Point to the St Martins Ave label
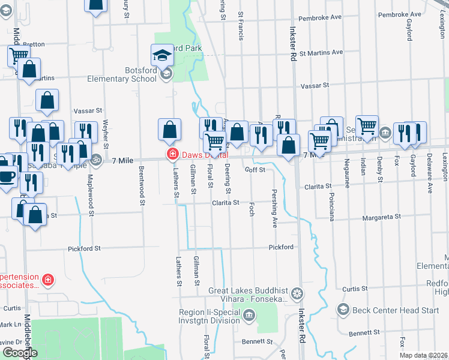pos(321,52)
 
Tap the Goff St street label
pos(255,170)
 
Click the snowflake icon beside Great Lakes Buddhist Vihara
pos(297,294)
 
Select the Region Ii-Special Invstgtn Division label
pos(209,316)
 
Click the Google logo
pos(20,353)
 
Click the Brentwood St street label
pos(143,187)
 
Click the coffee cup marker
pos(7,176)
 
